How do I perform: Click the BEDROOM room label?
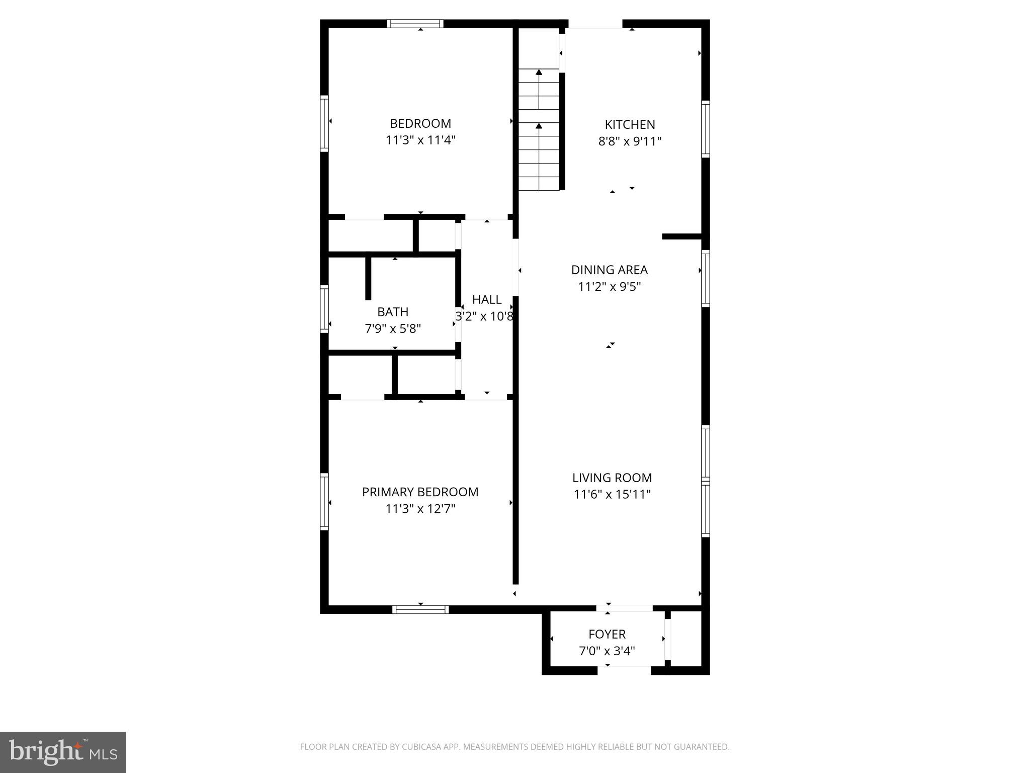tap(420, 123)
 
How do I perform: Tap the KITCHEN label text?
tap(630, 124)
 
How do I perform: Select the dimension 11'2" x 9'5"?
tap(609, 287)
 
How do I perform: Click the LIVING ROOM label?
tap(612, 478)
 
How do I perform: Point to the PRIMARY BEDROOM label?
tap(420, 492)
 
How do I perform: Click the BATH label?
tap(393, 312)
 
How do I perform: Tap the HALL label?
tap(486, 299)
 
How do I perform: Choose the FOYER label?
tap(607, 634)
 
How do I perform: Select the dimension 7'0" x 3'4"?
tap(607, 651)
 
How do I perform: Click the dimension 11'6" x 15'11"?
tap(612, 494)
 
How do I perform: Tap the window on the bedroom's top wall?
tap(415, 23)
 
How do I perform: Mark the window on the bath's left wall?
tap(324, 308)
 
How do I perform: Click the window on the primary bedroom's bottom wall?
tap(420, 609)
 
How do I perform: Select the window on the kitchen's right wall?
tap(706, 129)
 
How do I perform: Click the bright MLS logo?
tap(63, 752)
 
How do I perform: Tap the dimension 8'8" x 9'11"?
tap(630, 141)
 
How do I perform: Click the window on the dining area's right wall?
tap(706, 278)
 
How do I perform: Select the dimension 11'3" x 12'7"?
tap(420, 509)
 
